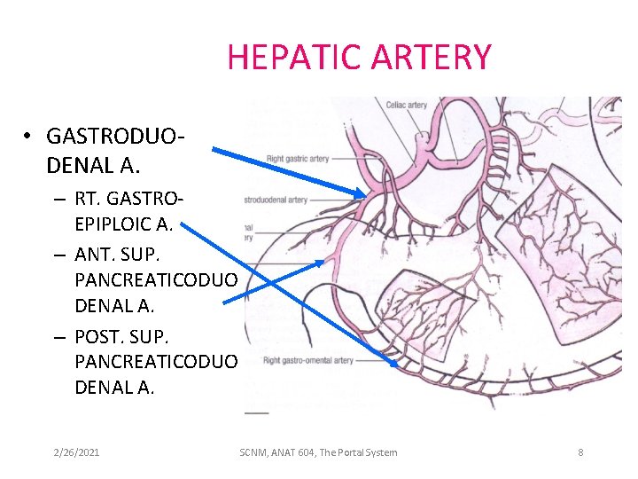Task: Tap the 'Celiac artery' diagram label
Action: (406, 105)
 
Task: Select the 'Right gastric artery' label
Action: (298, 159)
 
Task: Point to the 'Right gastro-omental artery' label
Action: (308, 360)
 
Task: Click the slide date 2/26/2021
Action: (75, 452)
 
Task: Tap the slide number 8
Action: (580, 452)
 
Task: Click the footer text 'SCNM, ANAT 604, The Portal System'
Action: (318, 452)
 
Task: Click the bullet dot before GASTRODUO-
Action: (28, 137)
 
